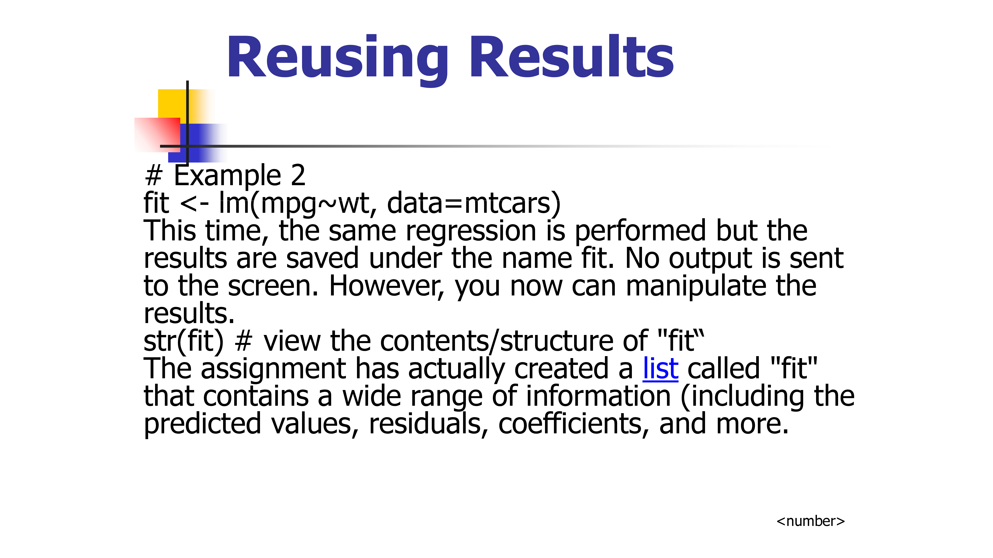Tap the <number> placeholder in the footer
pyautogui.click(x=810, y=521)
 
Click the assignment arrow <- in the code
pyautogui.click(x=195, y=203)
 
